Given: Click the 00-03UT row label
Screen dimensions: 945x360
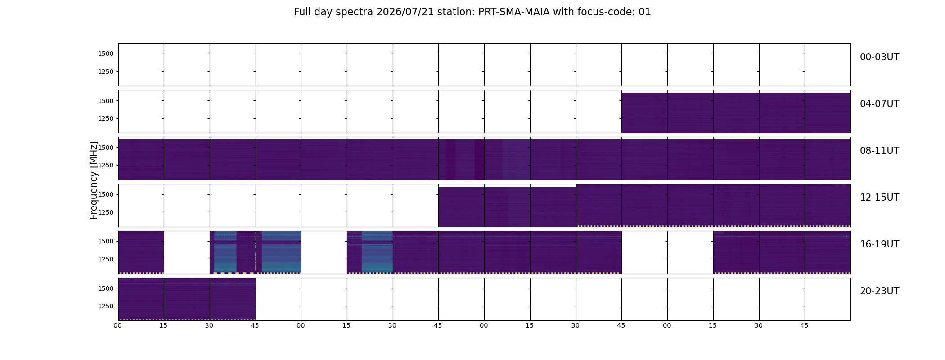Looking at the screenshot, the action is tap(879, 57).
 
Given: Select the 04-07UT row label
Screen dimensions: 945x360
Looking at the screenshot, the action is tap(879, 104).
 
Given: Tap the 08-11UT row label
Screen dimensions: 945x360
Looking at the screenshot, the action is tap(879, 151).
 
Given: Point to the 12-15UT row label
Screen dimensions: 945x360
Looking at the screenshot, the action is tap(879, 198).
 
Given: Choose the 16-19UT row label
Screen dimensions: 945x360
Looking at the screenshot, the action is tap(879, 244).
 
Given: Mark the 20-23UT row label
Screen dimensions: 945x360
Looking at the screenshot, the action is tap(879, 291).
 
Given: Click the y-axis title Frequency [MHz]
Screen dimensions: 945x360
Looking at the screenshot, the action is tap(94, 180).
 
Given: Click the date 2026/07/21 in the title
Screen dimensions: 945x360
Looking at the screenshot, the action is tap(405, 12).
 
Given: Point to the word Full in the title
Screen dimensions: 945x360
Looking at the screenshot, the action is tap(303, 12).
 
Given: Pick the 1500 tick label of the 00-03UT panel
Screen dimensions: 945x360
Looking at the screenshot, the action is tap(106, 54).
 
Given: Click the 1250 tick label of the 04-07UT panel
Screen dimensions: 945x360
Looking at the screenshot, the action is tap(106, 119).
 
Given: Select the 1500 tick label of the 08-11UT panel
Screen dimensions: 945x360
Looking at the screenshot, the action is tap(106, 148).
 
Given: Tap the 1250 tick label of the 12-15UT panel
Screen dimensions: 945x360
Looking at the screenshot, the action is tap(106, 212).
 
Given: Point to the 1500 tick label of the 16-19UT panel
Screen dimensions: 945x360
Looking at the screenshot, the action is tap(106, 242).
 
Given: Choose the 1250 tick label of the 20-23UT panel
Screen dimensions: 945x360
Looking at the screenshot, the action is tap(106, 306).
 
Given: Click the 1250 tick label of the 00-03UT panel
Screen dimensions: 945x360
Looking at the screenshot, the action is tap(106, 72).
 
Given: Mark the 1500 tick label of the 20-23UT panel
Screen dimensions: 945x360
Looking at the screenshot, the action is tap(106, 288).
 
